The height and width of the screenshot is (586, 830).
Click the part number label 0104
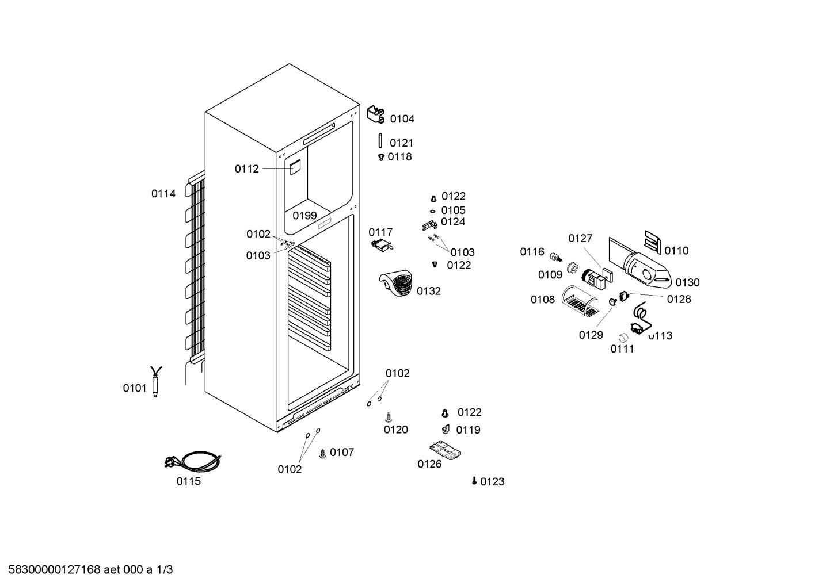pyautogui.click(x=402, y=119)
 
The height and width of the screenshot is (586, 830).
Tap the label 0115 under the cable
pyautogui.click(x=188, y=481)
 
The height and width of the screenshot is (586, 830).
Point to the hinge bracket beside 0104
pyautogui.click(x=376, y=114)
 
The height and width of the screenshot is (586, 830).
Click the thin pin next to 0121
pyautogui.click(x=380, y=141)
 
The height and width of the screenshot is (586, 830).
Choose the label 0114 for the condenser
pyautogui.click(x=163, y=194)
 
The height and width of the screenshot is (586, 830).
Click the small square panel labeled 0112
pyautogui.click(x=295, y=168)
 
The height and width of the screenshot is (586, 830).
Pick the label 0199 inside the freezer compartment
pyautogui.click(x=304, y=216)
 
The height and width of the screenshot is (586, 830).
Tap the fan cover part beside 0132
pyautogui.click(x=396, y=283)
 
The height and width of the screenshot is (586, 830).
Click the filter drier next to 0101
pyautogui.click(x=155, y=381)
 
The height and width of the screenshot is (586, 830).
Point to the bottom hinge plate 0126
pyautogui.click(x=446, y=450)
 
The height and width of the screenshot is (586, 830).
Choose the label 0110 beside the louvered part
pyautogui.click(x=676, y=251)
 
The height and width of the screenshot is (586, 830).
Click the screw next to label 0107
pyautogui.click(x=322, y=454)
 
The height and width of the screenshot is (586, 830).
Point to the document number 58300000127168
pyautogui.click(x=55, y=570)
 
